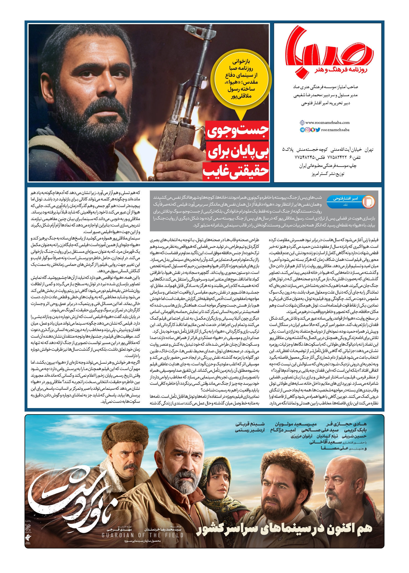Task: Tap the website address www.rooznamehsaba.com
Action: click(327, 123)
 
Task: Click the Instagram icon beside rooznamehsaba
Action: click(307, 130)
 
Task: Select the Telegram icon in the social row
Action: click(302, 130)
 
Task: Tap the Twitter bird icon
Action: click(318, 130)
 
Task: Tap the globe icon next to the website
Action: click(302, 123)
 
